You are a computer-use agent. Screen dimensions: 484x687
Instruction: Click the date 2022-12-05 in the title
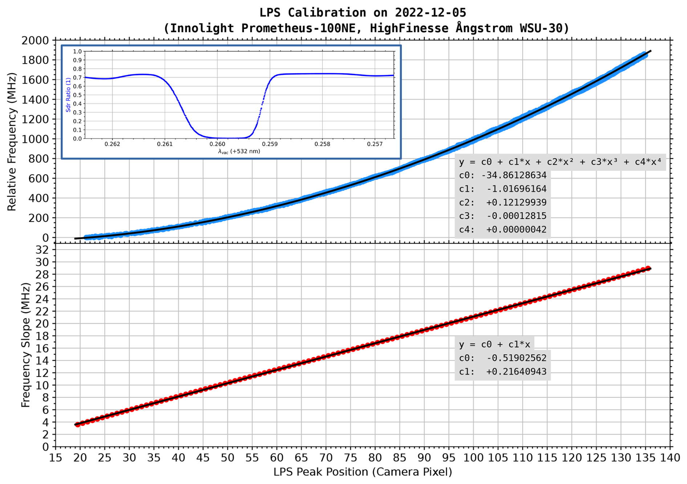tap(430, 13)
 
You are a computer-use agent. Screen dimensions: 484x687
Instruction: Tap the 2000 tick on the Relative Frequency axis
tap(35, 41)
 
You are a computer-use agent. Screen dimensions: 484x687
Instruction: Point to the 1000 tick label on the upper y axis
tap(35, 139)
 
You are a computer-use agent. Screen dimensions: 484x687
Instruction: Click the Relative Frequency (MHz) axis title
tap(12, 141)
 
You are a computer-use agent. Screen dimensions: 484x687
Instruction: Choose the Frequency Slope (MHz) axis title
tap(25, 345)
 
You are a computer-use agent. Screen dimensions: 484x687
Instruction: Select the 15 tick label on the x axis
tap(56, 458)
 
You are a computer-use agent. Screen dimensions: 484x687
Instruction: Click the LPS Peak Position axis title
tap(362, 472)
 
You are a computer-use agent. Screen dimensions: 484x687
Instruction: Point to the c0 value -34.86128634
tap(513, 175)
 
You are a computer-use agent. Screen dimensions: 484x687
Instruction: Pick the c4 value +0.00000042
tap(516, 229)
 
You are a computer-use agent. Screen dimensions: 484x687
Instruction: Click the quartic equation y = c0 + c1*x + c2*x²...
tap(560, 162)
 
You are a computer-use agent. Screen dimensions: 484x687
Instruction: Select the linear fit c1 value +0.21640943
tap(516, 372)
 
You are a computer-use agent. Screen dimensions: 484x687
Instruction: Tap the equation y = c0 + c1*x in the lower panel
tap(494, 344)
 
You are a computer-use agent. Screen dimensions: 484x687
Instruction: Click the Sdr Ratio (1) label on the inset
tap(68, 95)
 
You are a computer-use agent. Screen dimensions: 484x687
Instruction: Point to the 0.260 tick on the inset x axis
tap(218, 144)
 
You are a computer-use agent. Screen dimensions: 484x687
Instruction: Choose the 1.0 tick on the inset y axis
tap(78, 52)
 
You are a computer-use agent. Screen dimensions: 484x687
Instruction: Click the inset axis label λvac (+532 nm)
tap(239, 152)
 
